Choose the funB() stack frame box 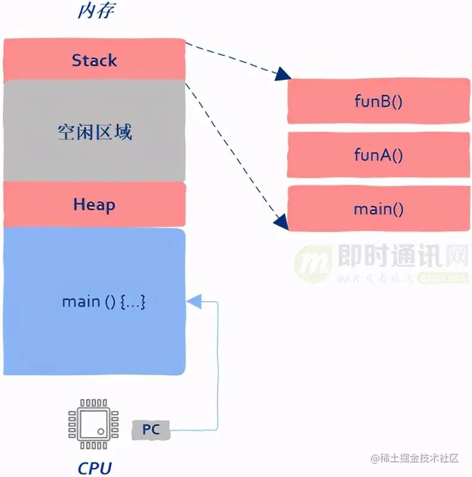[378, 101]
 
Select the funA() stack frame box [378, 155]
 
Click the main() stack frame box [378, 209]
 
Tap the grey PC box [151, 429]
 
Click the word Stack [94, 60]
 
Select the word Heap [94, 205]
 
